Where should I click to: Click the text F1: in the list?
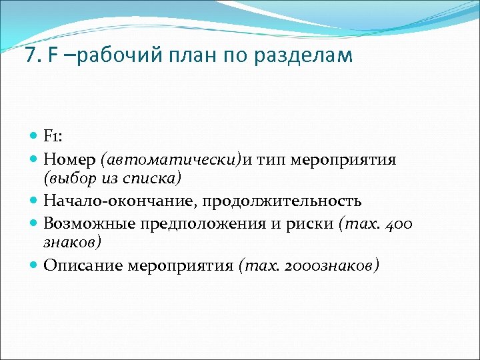[x=53, y=137]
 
